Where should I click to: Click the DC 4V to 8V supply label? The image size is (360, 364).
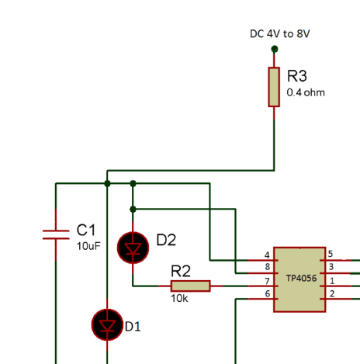(280, 33)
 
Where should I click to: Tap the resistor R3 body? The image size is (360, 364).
(274, 87)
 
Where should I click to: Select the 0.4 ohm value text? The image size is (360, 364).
(306, 92)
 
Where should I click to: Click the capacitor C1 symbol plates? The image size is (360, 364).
(56, 234)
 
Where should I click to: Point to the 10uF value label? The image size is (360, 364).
(88, 246)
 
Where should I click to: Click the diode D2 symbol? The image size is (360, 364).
(133, 248)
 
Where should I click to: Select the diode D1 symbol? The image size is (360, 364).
(107, 324)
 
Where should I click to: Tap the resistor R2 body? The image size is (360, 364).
(191, 286)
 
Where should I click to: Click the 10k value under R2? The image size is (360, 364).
(179, 299)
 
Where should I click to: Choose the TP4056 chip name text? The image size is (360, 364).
(301, 279)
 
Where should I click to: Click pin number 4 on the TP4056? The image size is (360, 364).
(267, 255)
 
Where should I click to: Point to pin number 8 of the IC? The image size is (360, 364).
(268, 267)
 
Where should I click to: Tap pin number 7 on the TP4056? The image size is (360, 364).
(268, 281)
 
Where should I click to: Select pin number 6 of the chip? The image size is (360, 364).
(268, 293)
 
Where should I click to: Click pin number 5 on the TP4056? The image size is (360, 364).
(331, 254)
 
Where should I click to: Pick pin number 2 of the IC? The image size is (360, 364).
(332, 293)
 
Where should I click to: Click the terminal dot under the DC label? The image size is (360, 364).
(275, 49)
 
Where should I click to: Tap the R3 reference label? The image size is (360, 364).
(297, 76)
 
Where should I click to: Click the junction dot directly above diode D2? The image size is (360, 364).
(133, 210)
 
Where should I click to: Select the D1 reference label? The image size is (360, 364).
(133, 327)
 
